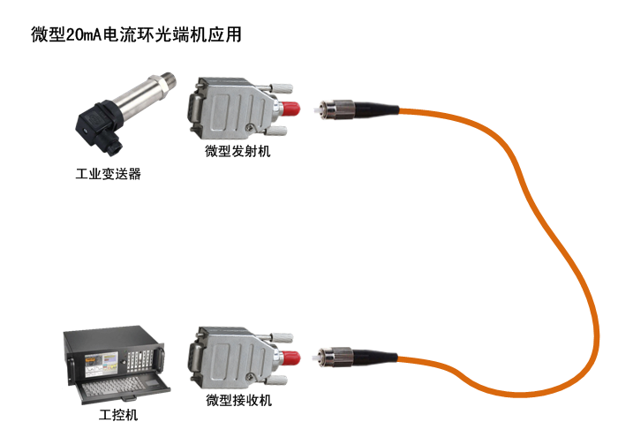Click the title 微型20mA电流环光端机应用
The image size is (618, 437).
(136, 34)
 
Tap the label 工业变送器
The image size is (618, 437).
(108, 174)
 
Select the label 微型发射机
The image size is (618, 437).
(237, 151)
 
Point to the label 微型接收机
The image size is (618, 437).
(239, 400)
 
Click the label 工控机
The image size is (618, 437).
(118, 415)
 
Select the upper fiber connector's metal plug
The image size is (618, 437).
(337, 109)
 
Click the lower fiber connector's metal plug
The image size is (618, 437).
(335, 357)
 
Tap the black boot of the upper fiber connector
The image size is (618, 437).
(377, 109)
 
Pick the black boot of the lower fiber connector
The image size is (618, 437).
(375, 356)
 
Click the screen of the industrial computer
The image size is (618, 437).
(102, 364)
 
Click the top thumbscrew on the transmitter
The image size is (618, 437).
(282, 88)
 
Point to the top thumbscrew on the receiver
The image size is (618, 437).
(283, 338)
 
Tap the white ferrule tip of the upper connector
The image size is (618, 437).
(317, 110)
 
